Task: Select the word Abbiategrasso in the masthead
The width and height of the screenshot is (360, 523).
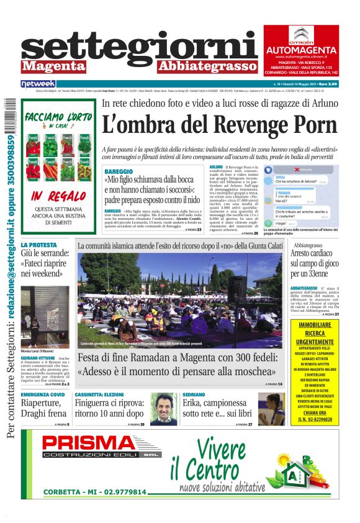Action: coord(207,65)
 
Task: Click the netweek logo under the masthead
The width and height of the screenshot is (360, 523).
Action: coord(38,83)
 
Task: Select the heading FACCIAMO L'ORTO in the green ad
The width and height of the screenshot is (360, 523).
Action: coord(59,118)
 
